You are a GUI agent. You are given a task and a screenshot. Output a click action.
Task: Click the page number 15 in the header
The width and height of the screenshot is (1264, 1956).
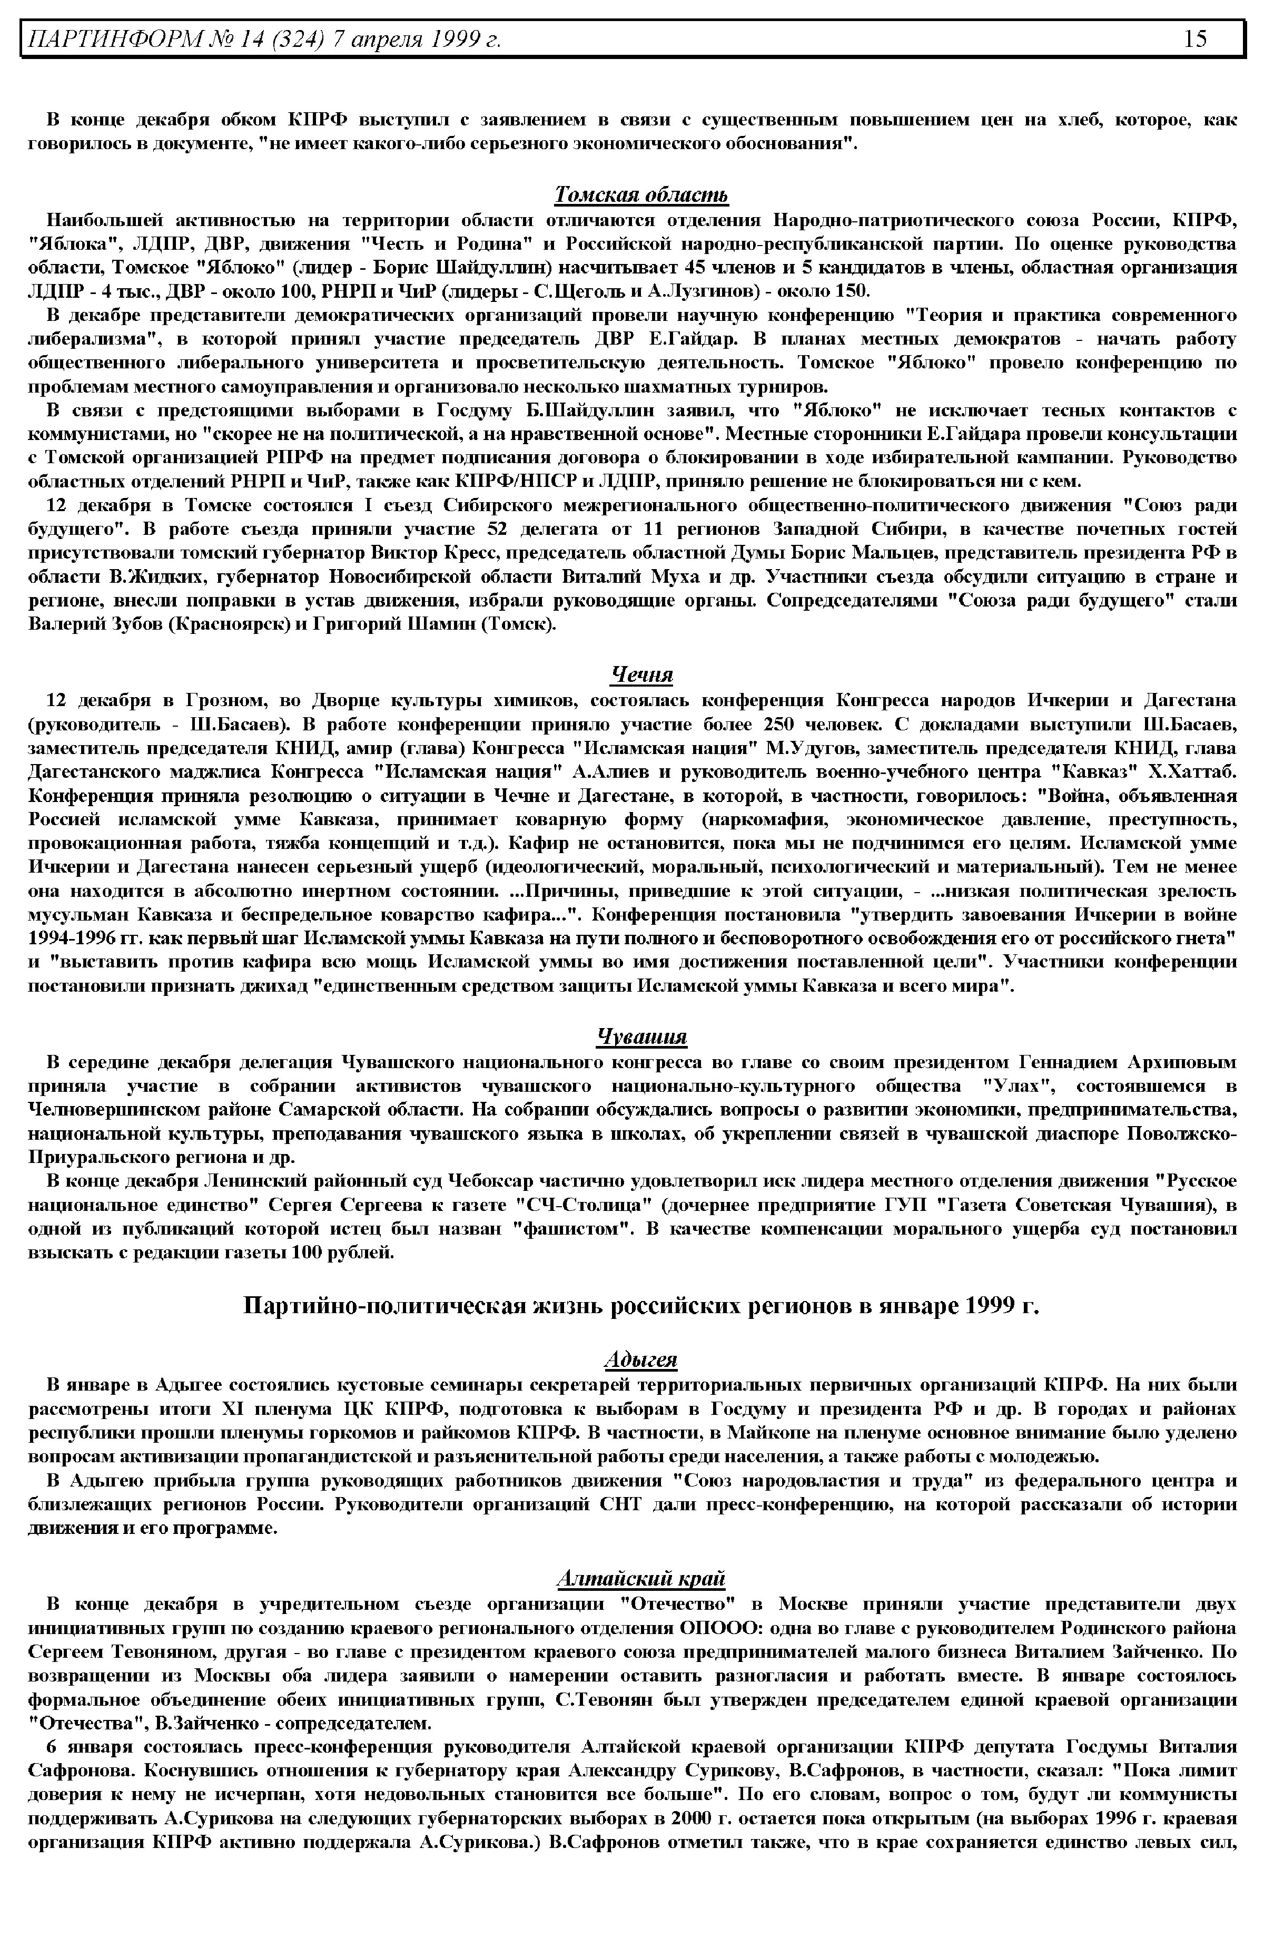(x=1195, y=38)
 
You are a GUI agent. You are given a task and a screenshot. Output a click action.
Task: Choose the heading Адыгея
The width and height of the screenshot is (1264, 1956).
(x=641, y=1360)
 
